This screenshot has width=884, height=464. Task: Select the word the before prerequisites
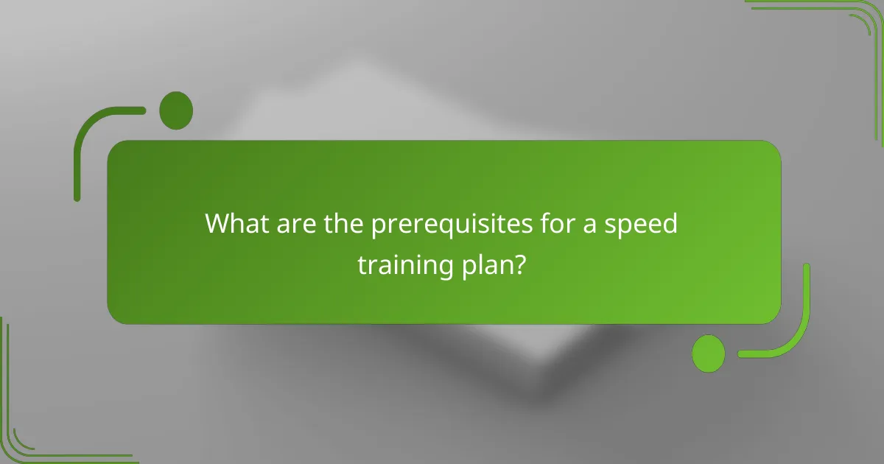[x=342, y=223]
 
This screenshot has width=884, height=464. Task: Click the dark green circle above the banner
[x=176, y=110]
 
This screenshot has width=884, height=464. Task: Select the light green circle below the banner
[x=709, y=353]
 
